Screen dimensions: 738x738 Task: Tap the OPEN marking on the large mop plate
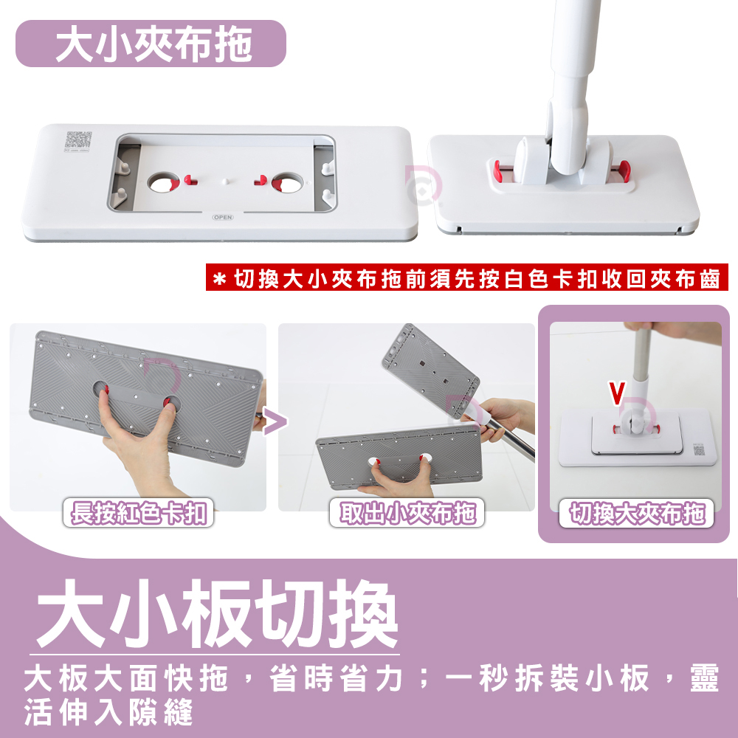coord(223,217)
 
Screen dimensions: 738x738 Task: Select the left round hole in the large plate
coord(163,182)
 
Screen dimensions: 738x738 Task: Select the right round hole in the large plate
coord(287,182)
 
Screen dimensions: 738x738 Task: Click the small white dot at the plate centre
coord(225,181)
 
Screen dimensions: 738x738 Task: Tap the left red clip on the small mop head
coord(497,170)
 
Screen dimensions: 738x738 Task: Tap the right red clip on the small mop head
coord(624,170)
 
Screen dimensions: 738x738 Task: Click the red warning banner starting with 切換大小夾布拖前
coord(467,277)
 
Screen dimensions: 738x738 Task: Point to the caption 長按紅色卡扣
coord(139,513)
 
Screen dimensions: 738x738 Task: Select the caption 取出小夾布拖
coord(407,513)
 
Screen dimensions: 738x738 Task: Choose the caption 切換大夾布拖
coord(636,513)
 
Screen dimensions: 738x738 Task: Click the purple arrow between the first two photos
coord(275,421)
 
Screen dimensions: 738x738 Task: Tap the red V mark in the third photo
coord(616,393)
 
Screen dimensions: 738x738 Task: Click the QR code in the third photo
coord(700,449)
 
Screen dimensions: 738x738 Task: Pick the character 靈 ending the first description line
coord(704,678)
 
